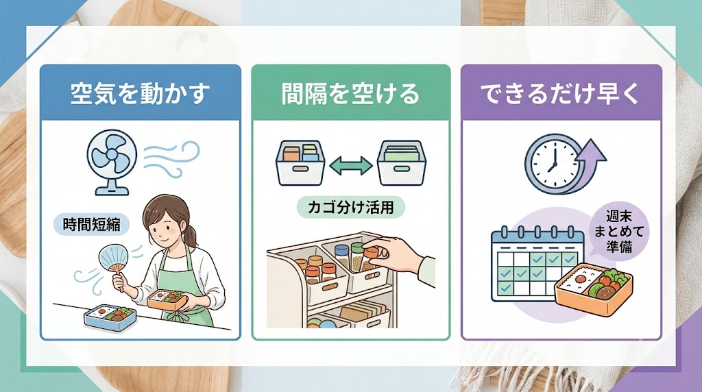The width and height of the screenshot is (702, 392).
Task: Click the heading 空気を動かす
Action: pyautogui.click(x=140, y=94)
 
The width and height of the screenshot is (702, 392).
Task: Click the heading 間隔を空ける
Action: pyautogui.click(x=350, y=94)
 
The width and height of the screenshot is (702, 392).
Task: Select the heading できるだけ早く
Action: pyautogui.click(x=561, y=94)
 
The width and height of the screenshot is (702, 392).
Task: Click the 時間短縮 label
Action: pyautogui.click(x=92, y=224)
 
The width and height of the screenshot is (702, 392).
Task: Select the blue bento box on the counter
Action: pyautogui.click(x=110, y=317)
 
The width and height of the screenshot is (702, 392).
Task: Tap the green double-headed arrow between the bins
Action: pyautogui.click(x=350, y=166)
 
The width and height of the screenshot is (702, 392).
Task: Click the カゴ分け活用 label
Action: pyautogui.click(x=350, y=208)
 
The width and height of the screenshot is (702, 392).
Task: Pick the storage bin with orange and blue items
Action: pyautogui.click(x=300, y=163)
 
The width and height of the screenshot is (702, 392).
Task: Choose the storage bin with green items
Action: pyautogui.click(x=401, y=163)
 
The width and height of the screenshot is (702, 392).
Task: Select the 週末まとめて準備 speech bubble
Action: pyautogui.click(x=619, y=232)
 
